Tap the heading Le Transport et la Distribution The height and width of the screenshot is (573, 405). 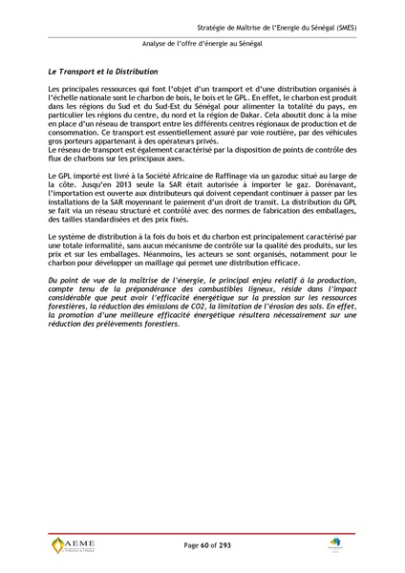102,72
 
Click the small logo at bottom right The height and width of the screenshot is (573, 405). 335,542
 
